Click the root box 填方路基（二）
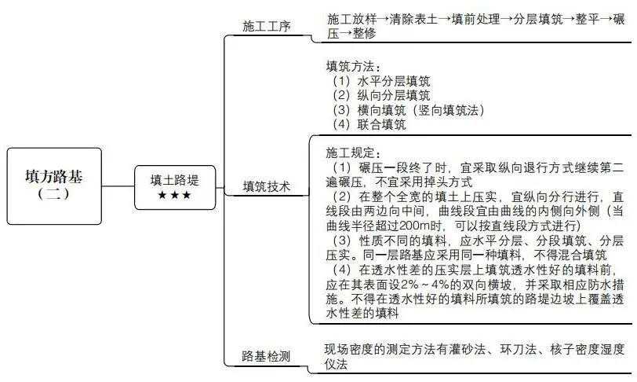[54, 185]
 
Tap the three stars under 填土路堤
[173, 195]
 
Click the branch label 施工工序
[267, 27]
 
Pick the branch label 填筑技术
[267, 187]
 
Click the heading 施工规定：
[353, 152]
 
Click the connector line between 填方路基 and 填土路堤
[118, 186]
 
